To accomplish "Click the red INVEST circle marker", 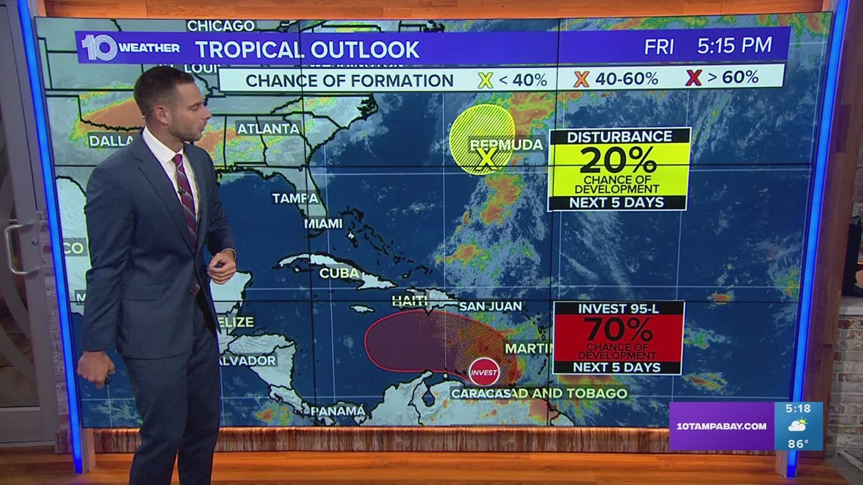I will point(484,372).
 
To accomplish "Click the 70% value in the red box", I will point(618,330).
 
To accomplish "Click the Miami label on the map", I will point(322,223).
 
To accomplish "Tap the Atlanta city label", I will point(268,129).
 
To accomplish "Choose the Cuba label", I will point(338,273).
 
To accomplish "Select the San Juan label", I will point(490,306).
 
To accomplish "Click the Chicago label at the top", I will point(220,26).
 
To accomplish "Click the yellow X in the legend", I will point(485,79).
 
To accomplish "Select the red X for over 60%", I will point(692,77).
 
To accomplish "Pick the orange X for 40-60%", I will point(581,79).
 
